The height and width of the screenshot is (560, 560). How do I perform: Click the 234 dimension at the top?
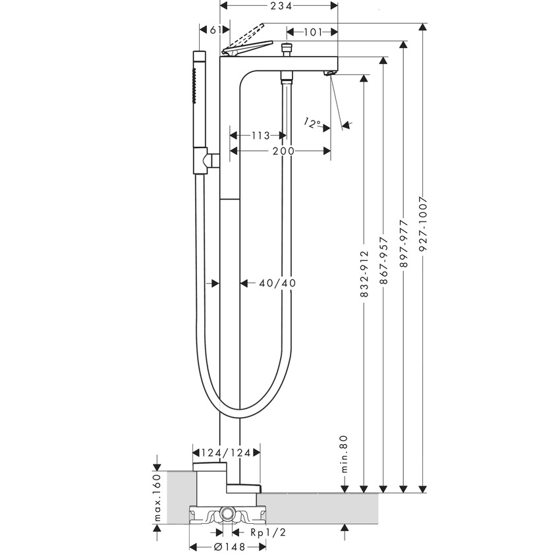279,5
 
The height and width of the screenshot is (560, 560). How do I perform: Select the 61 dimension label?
214,30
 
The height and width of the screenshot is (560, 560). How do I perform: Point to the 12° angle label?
313,123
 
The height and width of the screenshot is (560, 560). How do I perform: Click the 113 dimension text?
261,136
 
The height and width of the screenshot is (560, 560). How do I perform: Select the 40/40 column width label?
277,283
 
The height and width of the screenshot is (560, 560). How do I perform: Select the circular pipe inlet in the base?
228,514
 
